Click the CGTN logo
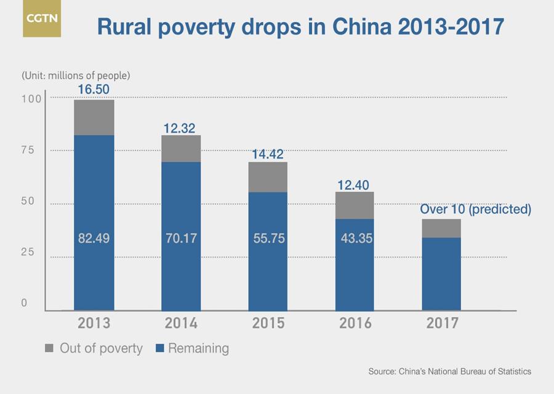(x=42, y=18)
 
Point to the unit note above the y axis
(x=76, y=76)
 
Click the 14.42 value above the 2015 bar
(x=268, y=154)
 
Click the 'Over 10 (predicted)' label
(x=475, y=209)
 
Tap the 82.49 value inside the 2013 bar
(x=94, y=238)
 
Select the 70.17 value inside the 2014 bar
(x=181, y=238)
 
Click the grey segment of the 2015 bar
(x=268, y=177)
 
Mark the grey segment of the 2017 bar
(x=442, y=228)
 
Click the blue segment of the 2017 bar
(x=442, y=274)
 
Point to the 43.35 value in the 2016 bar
(x=355, y=238)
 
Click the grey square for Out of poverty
(x=49, y=349)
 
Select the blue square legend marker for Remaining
(x=159, y=349)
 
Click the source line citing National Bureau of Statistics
(x=449, y=372)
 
